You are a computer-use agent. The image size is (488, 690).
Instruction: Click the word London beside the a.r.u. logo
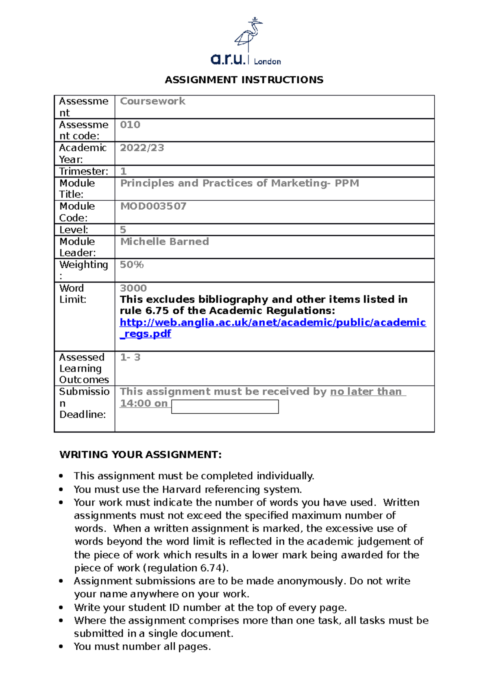click(x=267, y=61)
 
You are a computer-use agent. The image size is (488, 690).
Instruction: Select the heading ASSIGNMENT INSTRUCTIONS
click(x=244, y=80)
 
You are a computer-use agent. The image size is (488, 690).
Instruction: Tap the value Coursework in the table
click(x=152, y=101)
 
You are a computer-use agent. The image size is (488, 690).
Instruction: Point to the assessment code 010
click(x=130, y=125)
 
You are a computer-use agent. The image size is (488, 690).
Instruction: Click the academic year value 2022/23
click(x=142, y=148)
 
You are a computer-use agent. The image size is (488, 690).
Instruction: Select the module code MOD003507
click(x=153, y=206)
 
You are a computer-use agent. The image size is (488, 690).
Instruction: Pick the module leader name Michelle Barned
click(x=164, y=242)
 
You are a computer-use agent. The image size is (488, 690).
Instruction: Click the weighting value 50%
click(x=132, y=265)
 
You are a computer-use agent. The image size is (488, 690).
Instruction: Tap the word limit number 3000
click(x=133, y=288)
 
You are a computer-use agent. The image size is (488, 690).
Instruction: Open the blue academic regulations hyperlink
click(x=272, y=323)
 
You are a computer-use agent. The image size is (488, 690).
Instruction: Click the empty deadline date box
click(x=225, y=407)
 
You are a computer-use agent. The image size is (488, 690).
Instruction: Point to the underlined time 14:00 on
click(x=144, y=404)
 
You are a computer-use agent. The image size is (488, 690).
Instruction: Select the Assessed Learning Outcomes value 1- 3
click(x=130, y=357)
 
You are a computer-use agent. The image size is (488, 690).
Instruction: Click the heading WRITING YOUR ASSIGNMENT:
click(x=141, y=455)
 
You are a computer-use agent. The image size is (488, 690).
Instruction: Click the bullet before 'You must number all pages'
click(x=61, y=647)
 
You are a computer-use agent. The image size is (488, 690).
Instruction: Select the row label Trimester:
click(x=84, y=171)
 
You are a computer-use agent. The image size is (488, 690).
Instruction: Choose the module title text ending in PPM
click(x=239, y=183)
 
